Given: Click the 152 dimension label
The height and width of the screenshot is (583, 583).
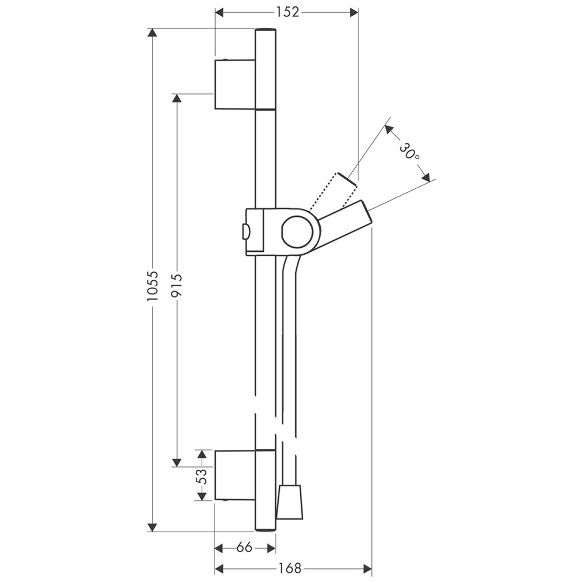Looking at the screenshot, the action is (x=287, y=13).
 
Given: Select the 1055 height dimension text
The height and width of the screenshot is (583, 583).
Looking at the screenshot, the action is (x=152, y=286).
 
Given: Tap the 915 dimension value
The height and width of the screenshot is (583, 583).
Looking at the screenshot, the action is (x=177, y=286).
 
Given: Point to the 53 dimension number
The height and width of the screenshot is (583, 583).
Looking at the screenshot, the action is (x=201, y=476).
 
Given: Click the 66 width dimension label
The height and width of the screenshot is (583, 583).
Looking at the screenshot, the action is (x=244, y=547).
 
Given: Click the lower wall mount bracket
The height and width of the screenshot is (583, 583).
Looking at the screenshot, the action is (x=236, y=475).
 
